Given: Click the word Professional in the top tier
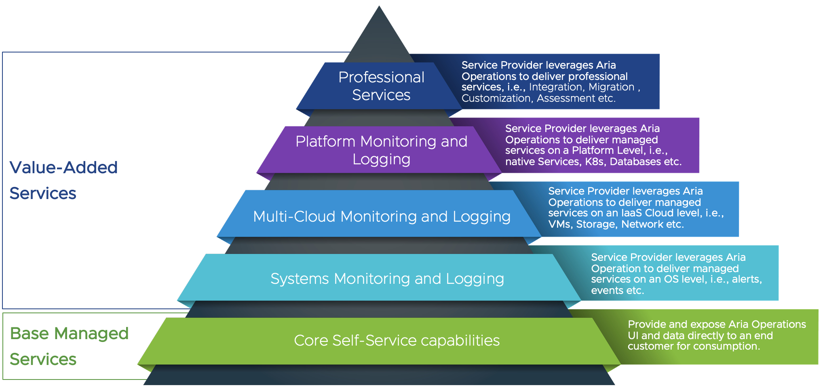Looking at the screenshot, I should (381, 77).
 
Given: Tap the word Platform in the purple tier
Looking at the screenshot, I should (325, 141).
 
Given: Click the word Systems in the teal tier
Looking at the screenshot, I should (300, 279).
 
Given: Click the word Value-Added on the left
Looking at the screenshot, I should (63, 168).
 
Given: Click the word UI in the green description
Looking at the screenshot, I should (633, 336).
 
